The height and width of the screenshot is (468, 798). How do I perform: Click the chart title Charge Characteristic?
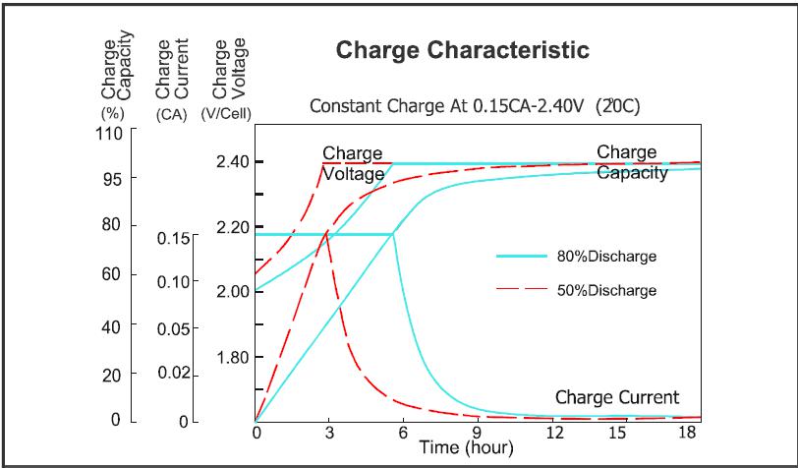pyautogui.click(x=462, y=50)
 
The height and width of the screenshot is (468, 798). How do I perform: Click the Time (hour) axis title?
pyautogui.click(x=466, y=449)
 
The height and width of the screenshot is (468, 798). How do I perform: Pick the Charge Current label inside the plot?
pyautogui.click(x=617, y=397)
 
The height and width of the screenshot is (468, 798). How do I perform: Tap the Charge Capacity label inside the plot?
pyautogui.click(x=632, y=162)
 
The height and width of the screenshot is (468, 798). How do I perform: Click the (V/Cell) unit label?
pyautogui.click(x=227, y=113)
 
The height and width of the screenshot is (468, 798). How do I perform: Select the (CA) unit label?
pyautogui.click(x=171, y=113)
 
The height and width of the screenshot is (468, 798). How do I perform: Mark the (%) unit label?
pyautogui.click(x=109, y=113)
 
